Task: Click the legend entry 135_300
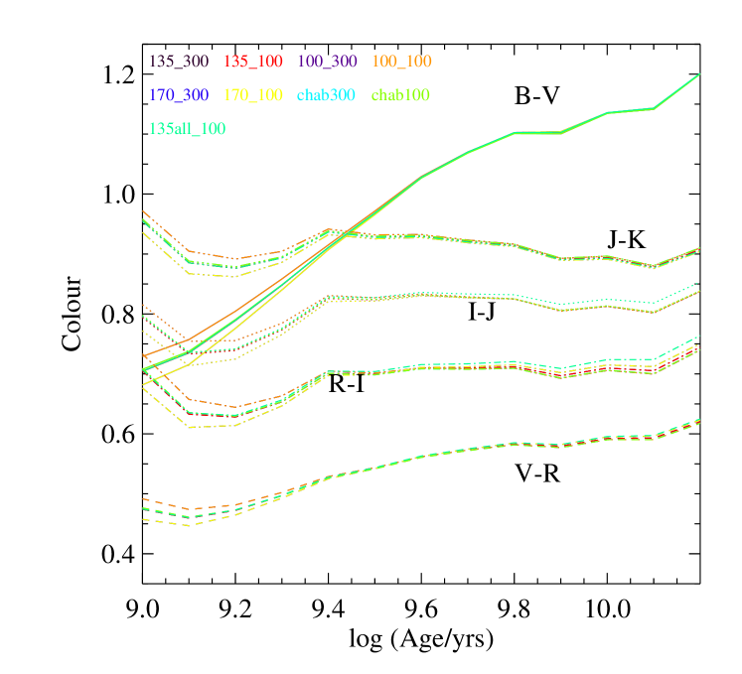pyautogui.click(x=179, y=62)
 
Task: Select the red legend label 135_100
pyautogui.click(x=253, y=62)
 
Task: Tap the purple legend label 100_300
pyautogui.click(x=327, y=62)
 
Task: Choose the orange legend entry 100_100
pyautogui.click(x=401, y=62)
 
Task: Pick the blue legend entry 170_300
pyautogui.click(x=179, y=95)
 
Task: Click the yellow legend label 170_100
pyautogui.click(x=253, y=95)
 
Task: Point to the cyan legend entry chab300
pyautogui.click(x=327, y=95)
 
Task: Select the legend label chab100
pyautogui.click(x=400, y=95)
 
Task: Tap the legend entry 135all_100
pyautogui.click(x=187, y=129)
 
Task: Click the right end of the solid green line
pyautogui.click(x=700, y=73)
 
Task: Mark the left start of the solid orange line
pyautogui.click(x=144, y=355)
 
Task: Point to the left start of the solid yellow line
pyautogui.click(x=144, y=384)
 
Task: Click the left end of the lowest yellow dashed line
pyautogui.click(x=144, y=518)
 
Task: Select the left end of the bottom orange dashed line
pyautogui.click(x=144, y=499)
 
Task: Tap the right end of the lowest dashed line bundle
pyautogui.click(x=700, y=420)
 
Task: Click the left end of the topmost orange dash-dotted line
pyautogui.click(x=144, y=211)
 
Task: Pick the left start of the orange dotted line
pyautogui.click(x=144, y=305)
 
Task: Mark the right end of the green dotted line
pyautogui.click(x=700, y=283)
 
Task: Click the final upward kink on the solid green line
pyautogui.click(x=654, y=108)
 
